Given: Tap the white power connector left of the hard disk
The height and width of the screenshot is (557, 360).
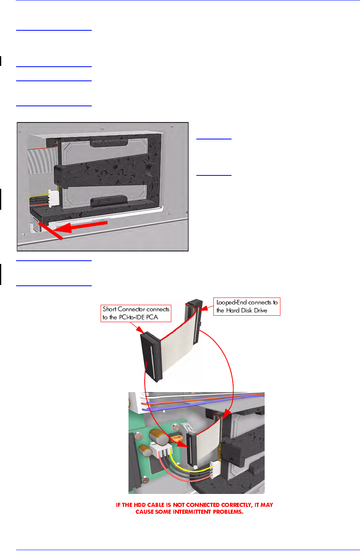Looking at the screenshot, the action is (53, 198).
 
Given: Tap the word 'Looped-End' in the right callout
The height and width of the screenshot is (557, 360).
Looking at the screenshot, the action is (232, 302).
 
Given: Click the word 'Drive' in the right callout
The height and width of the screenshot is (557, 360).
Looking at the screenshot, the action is (260, 310).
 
